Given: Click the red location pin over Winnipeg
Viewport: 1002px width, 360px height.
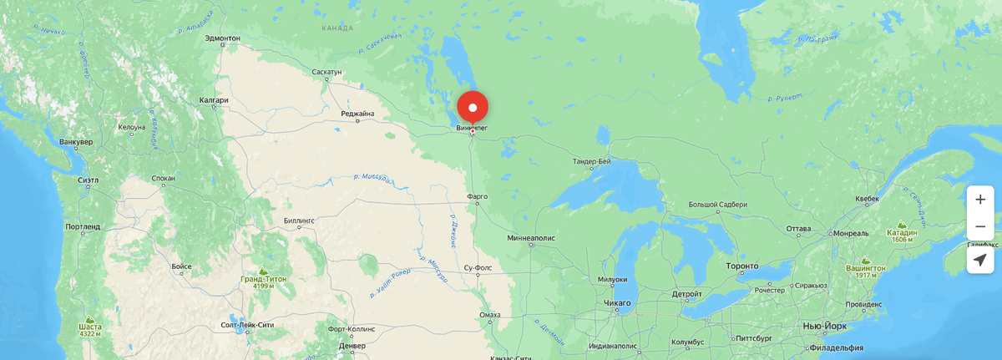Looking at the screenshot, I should coord(473,109).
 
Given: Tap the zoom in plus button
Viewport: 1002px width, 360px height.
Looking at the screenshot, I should coord(980,200).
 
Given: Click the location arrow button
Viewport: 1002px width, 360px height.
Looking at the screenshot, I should coord(980,260).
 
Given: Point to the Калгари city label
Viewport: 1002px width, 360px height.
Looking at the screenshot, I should coord(214,100).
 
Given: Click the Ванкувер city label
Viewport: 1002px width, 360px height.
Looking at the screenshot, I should coord(76,142).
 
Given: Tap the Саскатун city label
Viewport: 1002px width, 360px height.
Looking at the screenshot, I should coord(326,73).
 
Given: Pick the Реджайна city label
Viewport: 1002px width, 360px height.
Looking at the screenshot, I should coord(357,114).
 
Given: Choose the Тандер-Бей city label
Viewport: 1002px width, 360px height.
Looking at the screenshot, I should coord(592,160).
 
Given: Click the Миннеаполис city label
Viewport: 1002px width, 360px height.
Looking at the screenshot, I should coord(531,237).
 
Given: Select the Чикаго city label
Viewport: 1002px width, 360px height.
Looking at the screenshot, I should coord(617,302).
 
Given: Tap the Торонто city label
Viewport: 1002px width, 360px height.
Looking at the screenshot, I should coord(741,266).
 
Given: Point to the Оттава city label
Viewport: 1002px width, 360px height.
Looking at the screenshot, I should coord(799,228).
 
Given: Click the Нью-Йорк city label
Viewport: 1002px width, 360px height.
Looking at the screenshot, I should coord(821,325).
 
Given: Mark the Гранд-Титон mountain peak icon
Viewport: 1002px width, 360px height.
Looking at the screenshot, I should coord(264,271).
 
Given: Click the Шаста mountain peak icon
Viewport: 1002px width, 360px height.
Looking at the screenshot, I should coord(90,318).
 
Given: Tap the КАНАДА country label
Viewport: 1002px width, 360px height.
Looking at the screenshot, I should coord(337,28).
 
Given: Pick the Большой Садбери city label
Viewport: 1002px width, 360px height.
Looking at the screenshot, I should coord(717,205).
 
